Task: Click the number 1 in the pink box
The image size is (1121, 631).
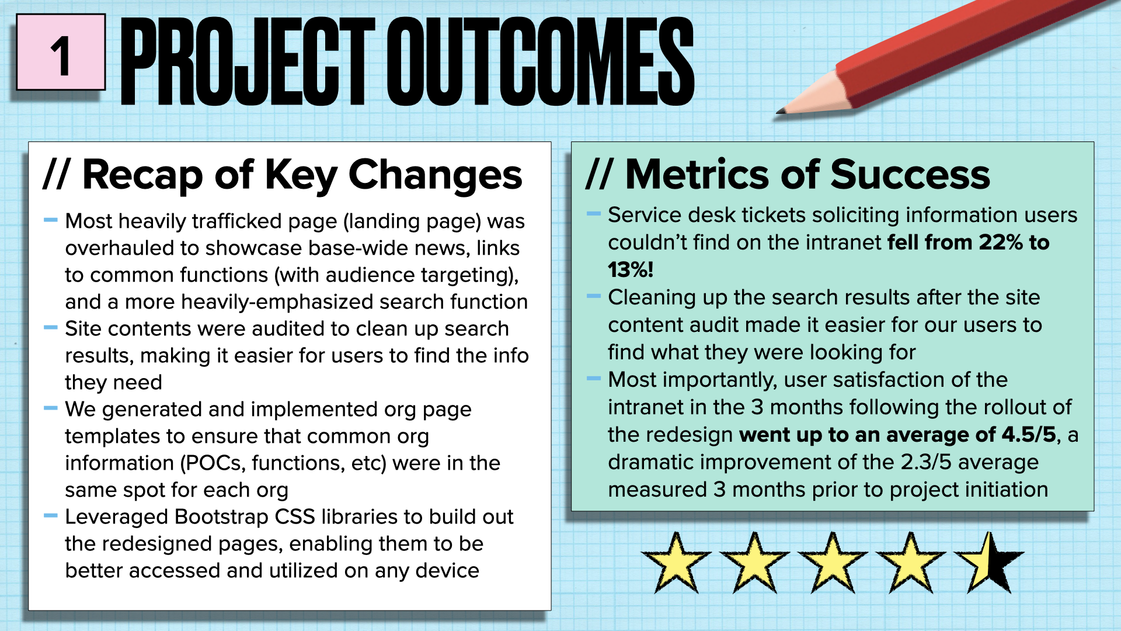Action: [61, 56]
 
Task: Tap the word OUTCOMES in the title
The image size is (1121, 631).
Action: [540, 61]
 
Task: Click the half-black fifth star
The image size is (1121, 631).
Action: [989, 563]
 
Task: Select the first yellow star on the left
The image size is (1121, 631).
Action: [676, 563]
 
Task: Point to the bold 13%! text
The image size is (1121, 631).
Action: [631, 270]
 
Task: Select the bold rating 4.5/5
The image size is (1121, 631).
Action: [1029, 435]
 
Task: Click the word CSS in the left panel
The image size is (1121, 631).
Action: [295, 517]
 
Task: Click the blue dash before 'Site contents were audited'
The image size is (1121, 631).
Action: [51, 328]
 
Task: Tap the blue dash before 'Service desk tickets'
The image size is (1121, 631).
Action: [594, 214]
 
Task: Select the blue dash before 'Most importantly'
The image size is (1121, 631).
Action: [594, 379]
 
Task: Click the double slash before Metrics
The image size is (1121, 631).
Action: [599, 175]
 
